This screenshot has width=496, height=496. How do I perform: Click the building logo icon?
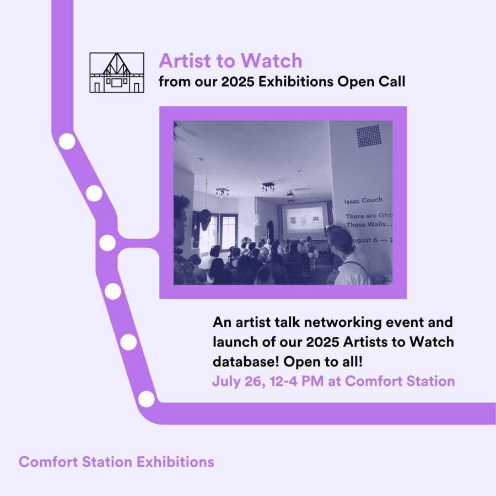tap(116, 72)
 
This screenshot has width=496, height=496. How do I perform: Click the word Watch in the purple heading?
tap(274, 61)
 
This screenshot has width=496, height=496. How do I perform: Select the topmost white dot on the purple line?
tap(67, 142)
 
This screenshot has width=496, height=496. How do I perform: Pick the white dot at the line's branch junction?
tap(107, 242)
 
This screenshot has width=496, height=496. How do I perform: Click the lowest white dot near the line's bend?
tap(146, 398)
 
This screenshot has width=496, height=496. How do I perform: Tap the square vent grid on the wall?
tap(369, 136)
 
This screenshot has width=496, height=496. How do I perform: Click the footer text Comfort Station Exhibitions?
tap(116, 461)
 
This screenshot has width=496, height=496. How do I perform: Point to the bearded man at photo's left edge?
tap(182, 231)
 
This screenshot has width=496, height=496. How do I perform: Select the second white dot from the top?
tap(94, 193)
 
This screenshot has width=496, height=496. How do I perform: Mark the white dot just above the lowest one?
tap(128, 342)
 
